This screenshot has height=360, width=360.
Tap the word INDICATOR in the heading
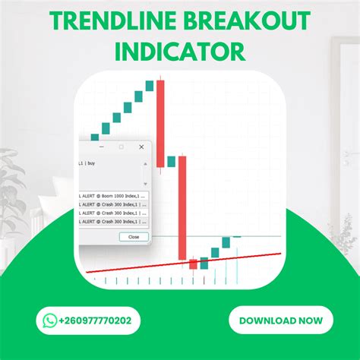(x=180, y=51)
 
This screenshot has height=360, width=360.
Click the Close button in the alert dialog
(x=134, y=236)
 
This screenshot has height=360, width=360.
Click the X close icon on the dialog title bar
(x=141, y=147)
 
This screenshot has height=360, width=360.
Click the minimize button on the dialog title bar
(x=103, y=147)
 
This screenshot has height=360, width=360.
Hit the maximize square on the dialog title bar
(x=122, y=147)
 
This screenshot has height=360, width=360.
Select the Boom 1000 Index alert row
(x=114, y=196)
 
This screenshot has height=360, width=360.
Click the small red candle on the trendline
(x=193, y=264)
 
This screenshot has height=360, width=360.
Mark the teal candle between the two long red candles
(x=172, y=161)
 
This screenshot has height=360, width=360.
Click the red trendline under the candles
(x=137, y=267)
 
